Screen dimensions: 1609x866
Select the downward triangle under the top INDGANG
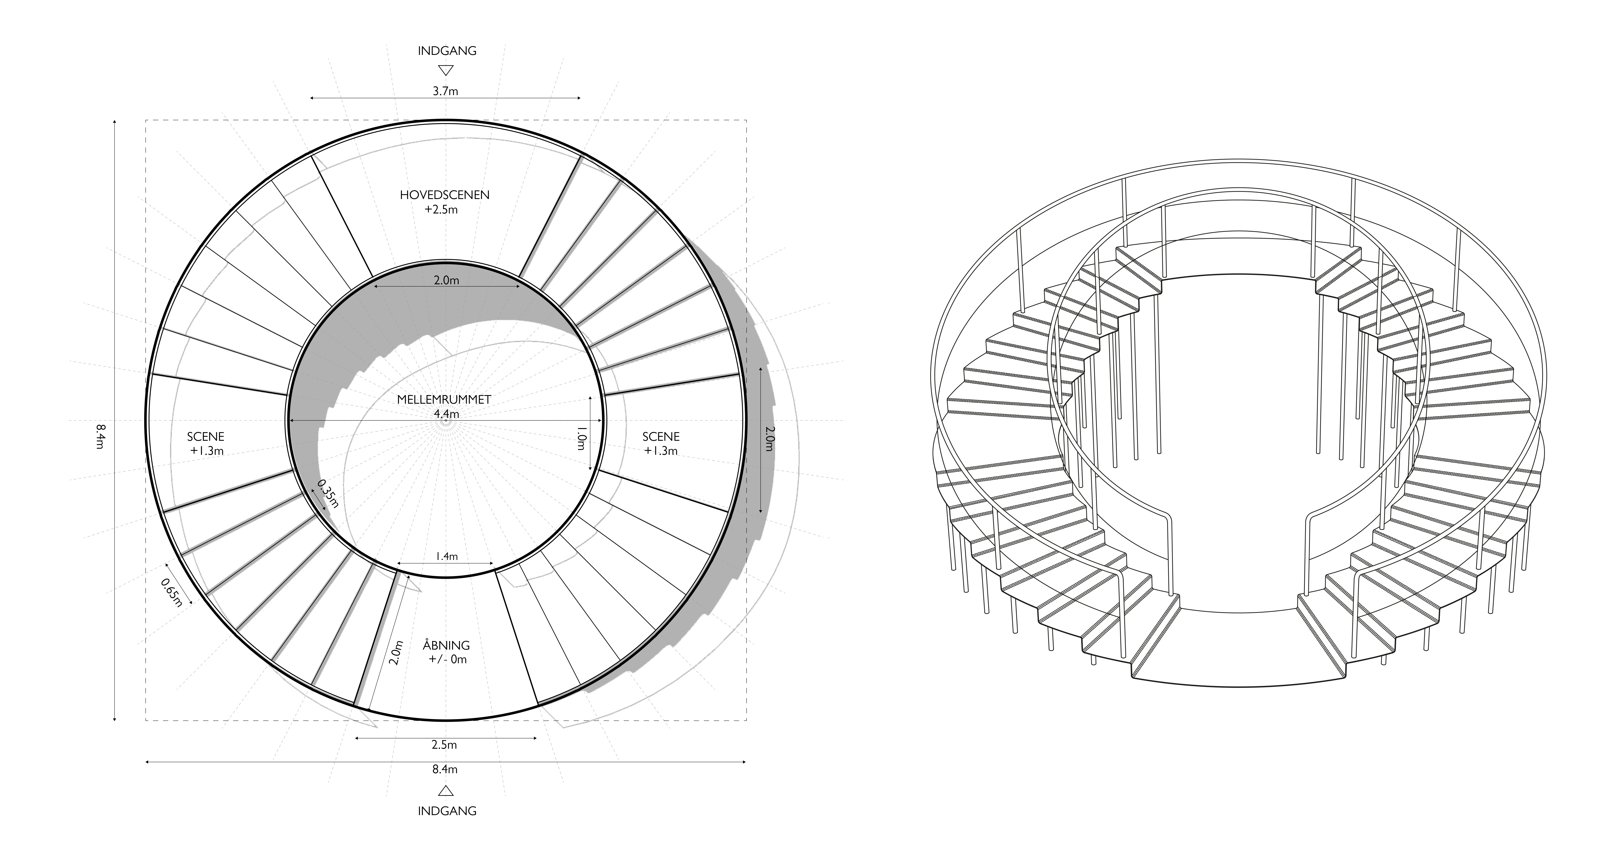pos(445,70)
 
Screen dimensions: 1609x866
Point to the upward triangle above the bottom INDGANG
pos(445,791)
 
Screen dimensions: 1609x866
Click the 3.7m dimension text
pos(445,91)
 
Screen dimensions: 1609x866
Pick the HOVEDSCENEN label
pos(445,195)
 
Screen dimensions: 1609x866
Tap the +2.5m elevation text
pos(441,209)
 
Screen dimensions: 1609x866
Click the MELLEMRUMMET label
pos(444,400)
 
